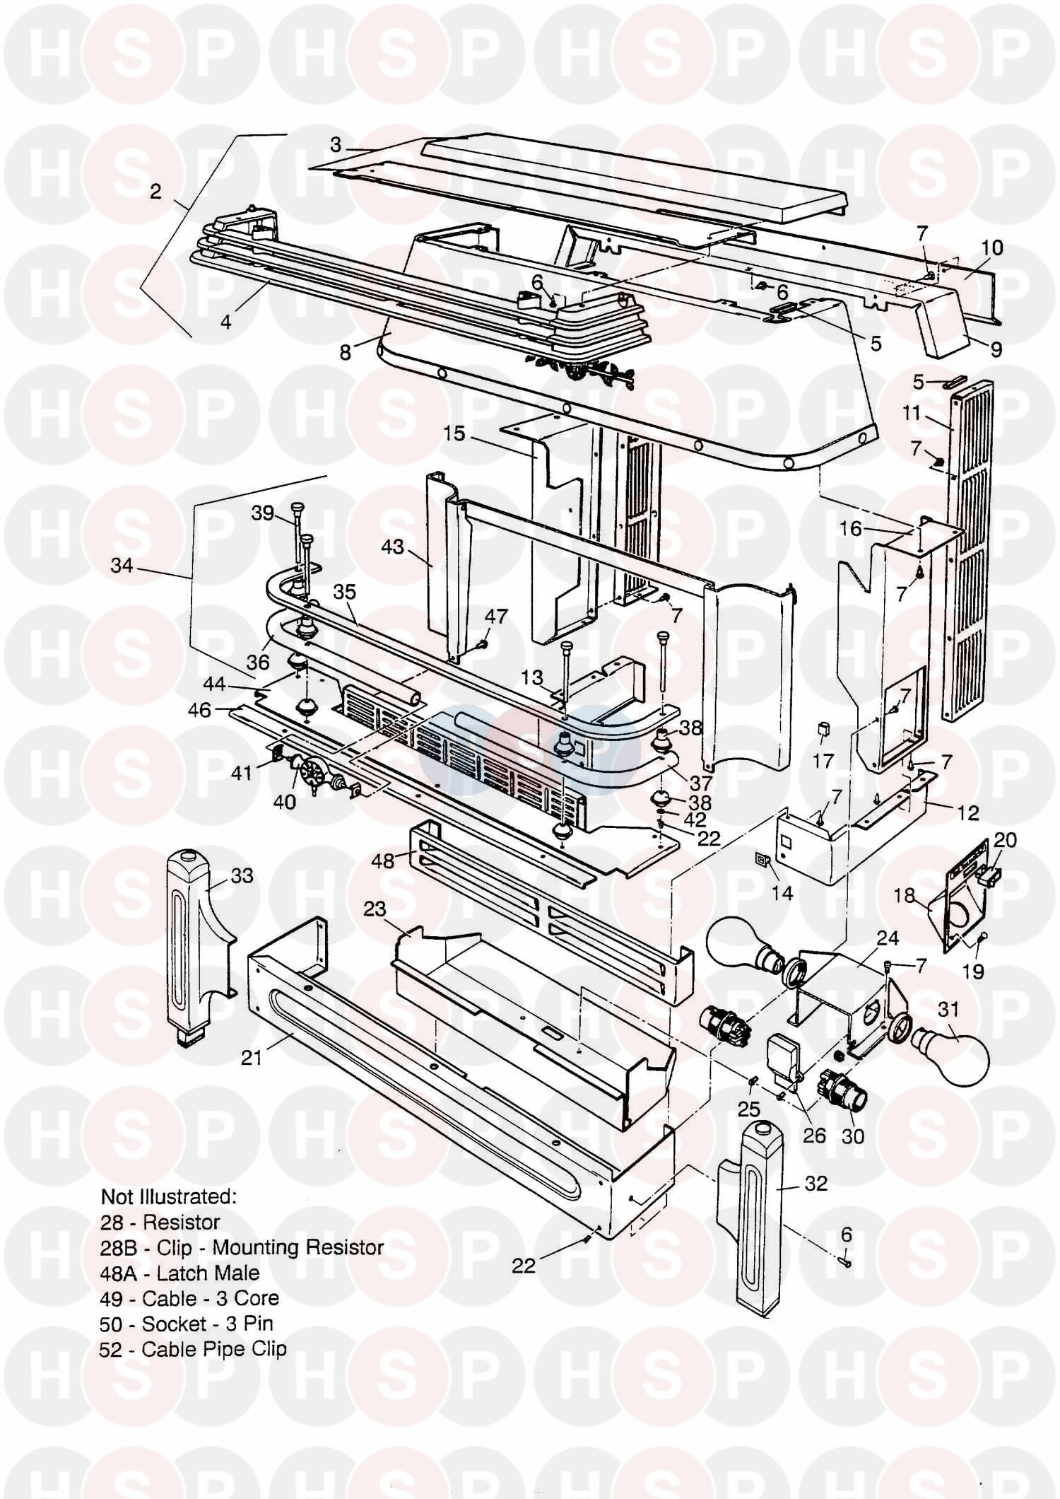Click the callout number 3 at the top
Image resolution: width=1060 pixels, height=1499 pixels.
click(336, 145)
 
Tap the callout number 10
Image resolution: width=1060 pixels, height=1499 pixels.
click(992, 248)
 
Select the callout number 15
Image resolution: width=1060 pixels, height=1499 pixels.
click(454, 433)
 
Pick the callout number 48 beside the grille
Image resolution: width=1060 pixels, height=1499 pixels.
click(383, 861)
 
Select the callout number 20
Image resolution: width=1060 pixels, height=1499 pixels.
click(1005, 839)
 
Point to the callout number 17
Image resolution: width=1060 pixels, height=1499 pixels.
click(823, 762)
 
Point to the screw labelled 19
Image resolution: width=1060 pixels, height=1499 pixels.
click(984, 938)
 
